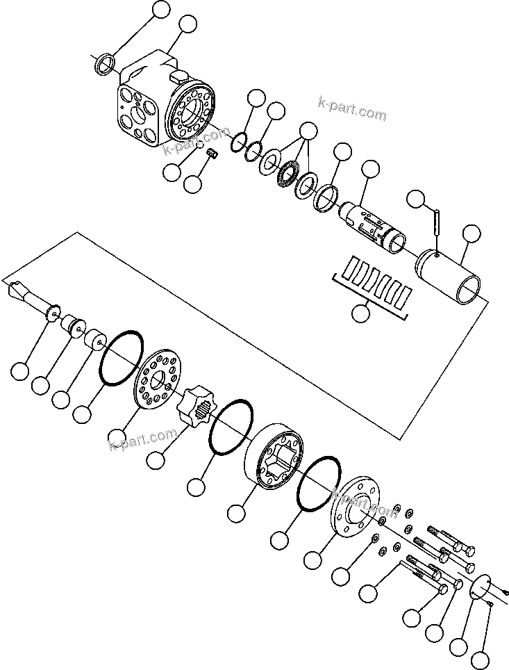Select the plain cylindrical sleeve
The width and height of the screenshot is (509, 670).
point(451,279)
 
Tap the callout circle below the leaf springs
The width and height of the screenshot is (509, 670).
point(361,314)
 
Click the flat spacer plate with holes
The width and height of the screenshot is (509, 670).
point(160,379)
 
